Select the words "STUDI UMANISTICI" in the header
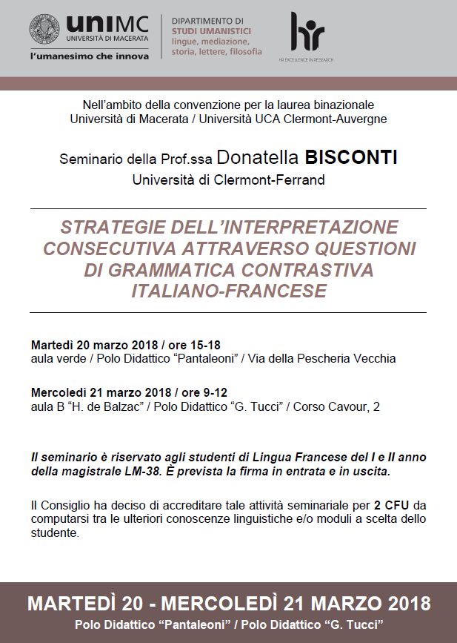(211, 31)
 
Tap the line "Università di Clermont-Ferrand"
(228, 179)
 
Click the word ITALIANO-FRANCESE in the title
(228, 291)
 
